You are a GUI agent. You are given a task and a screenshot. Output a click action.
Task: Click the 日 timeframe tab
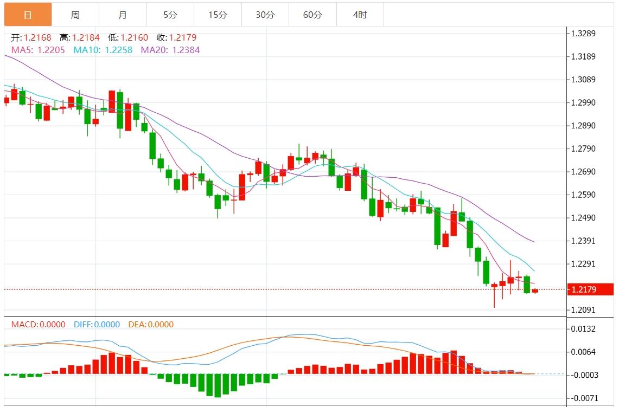click(x=28, y=15)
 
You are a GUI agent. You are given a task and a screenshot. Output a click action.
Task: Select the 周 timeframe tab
click(x=75, y=15)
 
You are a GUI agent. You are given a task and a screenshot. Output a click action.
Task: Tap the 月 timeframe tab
click(x=123, y=15)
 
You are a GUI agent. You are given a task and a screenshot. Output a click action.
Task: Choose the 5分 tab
click(x=170, y=15)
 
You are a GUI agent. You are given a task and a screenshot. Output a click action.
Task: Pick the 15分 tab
click(x=218, y=15)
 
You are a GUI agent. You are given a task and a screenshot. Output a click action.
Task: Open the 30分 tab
click(x=265, y=15)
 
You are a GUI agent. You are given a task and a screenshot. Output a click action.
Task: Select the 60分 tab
click(x=312, y=15)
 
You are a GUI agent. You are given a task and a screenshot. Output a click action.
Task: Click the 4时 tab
click(x=360, y=15)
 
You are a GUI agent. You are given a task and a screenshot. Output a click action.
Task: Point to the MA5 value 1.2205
click(x=51, y=50)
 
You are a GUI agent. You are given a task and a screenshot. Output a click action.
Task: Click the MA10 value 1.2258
click(x=118, y=50)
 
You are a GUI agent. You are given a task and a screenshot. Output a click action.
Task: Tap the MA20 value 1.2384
click(x=186, y=50)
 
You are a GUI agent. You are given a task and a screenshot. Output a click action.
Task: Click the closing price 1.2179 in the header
click(x=183, y=37)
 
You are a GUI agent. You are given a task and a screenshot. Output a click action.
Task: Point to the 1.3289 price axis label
click(x=583, y=34)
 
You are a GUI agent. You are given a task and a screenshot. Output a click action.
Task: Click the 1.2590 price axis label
click(x=583, y=195)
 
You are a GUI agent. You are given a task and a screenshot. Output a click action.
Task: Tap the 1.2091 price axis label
click(x=583, y=310)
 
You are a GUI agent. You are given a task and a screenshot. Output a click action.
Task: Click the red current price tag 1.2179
click(x=589, y=289)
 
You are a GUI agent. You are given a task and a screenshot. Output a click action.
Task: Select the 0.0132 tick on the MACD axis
click(x=583, y=329)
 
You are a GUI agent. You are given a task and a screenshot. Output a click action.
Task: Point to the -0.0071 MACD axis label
click(x=583, y=398)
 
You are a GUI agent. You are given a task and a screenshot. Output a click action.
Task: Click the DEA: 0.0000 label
click(x=151, y=325)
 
